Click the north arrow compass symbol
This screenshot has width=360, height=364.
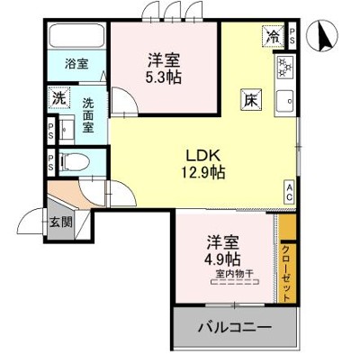[x=322, y=36]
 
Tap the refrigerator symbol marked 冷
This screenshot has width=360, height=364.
[x=274, y=37]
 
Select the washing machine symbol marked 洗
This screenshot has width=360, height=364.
[x=58, y=98]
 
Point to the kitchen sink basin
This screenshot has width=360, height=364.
[x=284, y=101]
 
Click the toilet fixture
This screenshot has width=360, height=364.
[x=75, y=162]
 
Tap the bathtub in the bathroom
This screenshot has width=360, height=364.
[x=76, y=35]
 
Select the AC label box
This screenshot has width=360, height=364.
[x=289, y=193]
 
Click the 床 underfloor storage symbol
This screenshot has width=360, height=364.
[x=251, y=100]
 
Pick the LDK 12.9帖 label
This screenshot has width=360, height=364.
[x=203, y=164]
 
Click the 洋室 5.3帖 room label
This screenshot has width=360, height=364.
[x=163, y=69]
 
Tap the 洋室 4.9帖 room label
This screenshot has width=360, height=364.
[x=222, y=250]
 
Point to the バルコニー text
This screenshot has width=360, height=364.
[x=235, y=327]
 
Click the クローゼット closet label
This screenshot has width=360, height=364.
[x=286, y=273]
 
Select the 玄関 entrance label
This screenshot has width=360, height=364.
[x=61, y=223]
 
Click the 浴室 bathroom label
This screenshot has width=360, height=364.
[x=76, y=64]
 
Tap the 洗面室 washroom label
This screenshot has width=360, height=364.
[x=88, y=115]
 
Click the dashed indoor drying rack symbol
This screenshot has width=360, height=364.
[x=235, y=282]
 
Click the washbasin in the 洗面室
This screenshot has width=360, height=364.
[x=67, y=129]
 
